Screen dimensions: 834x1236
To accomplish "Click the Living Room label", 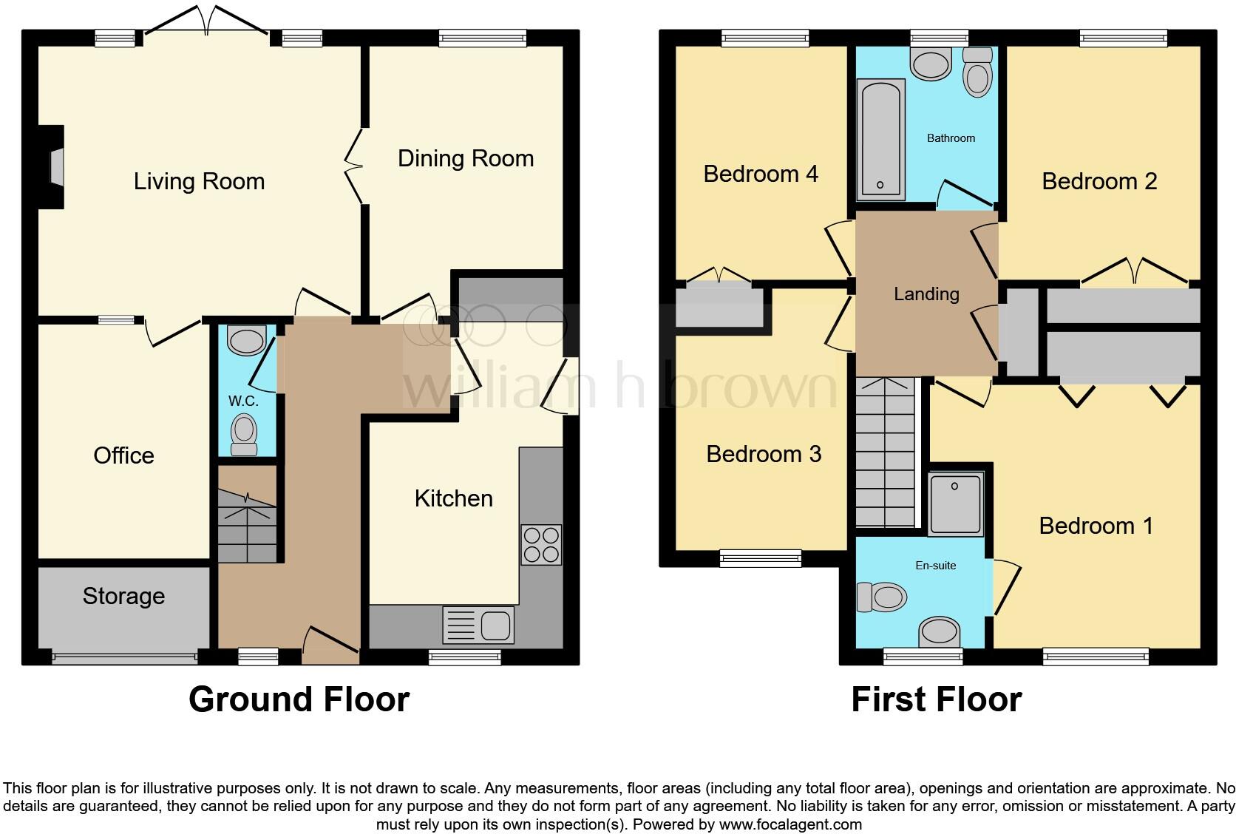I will (199, 181).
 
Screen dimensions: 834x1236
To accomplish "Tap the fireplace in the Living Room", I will (55, 167).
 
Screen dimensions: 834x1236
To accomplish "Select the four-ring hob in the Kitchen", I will (540, 545).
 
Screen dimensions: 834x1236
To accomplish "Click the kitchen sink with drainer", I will (478, 625).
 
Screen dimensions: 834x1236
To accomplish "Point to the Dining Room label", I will (465, 158).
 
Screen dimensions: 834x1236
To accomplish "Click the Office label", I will (123, 455).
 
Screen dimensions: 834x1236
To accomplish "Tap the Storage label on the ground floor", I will (123, 596).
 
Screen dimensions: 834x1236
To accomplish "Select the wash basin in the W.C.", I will (246, 341).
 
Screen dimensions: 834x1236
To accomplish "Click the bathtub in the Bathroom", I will (880, 139).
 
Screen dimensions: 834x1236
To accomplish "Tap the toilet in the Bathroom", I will (978, 74).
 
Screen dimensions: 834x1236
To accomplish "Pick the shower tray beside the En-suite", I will (956, 504).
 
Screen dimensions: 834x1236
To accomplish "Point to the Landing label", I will (926, 294).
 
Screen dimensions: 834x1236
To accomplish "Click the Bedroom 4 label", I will (760, 174).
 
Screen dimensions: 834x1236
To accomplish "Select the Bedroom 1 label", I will (1095, 526).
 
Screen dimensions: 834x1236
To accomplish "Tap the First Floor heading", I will (936, 699).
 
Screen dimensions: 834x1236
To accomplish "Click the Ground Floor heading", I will (299, 699).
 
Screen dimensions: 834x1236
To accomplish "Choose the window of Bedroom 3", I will (761, 558).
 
